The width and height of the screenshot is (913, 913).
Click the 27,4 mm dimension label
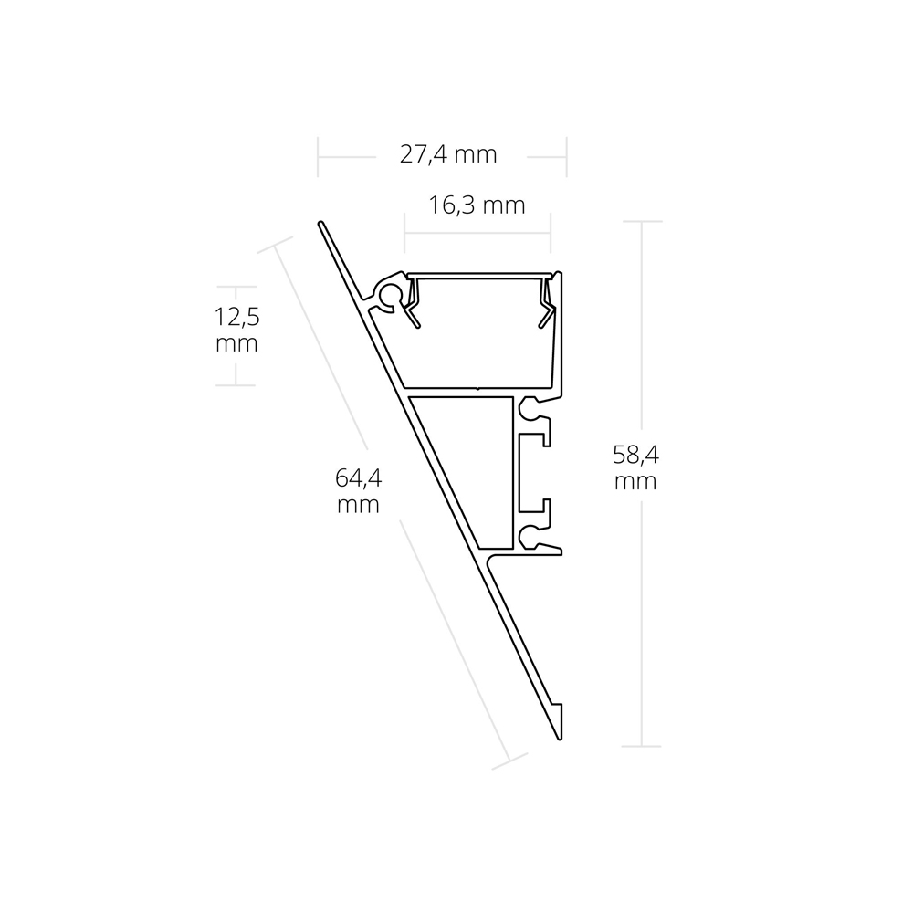[448, 155]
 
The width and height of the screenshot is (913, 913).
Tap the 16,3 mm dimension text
[477, 205]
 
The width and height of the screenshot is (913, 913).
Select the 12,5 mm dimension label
[236, 331]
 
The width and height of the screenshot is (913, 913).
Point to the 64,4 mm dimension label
[358, 491]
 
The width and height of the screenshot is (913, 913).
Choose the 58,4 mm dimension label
[635, 467]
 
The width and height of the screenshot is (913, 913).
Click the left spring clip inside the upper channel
[413, 303]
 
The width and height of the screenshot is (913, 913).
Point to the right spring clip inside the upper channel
[546, 303]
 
